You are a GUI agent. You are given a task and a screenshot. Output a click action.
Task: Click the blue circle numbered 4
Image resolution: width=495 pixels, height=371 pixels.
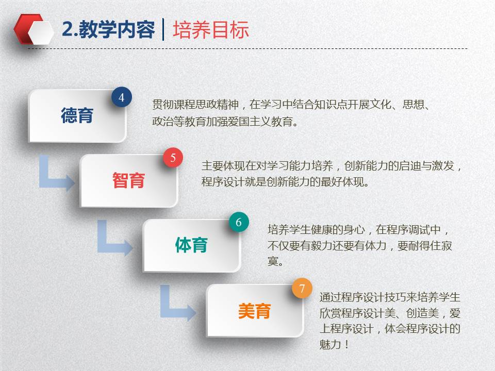tap(122, 97)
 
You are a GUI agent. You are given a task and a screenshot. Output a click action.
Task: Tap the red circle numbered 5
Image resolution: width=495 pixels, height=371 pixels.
tap(173, 158)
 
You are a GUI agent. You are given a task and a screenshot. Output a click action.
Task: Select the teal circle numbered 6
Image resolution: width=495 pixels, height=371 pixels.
tap(239, 222)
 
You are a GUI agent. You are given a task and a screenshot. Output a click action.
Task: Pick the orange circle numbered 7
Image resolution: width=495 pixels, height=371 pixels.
tap(302, 288)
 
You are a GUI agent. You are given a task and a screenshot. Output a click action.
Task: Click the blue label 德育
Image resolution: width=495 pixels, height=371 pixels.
tap(77, 115)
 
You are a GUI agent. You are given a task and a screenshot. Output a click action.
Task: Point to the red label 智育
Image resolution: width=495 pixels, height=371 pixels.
tap(128, 180)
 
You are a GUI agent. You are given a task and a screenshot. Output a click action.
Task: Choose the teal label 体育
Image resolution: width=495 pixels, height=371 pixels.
tap(191, 245)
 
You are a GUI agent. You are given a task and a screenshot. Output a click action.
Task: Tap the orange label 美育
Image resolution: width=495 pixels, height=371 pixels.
tap(254, 311)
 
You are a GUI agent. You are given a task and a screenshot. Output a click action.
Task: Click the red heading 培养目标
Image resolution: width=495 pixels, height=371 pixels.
tap(211, 30)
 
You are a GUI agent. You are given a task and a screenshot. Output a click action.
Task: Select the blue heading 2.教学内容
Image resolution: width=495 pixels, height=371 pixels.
tap(108, 30)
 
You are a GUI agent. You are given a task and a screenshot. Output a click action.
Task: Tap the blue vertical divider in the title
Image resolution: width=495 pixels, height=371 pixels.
tap(163, 29)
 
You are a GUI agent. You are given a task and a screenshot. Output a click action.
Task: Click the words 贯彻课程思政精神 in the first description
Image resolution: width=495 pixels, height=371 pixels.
tap(195, 105)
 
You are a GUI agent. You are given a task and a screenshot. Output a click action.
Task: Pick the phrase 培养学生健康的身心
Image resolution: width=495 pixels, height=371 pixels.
tap(316, 230)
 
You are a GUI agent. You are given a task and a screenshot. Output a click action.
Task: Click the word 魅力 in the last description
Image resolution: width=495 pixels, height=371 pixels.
tap(330, 344)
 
